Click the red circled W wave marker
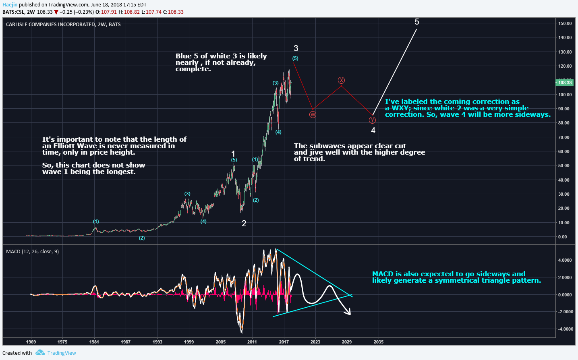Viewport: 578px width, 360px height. point(313,115)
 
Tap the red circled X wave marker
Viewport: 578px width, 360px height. point(341,81)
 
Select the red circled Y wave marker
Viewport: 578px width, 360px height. point(372,120)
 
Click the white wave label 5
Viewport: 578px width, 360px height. point(417,22)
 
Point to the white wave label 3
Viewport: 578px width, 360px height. point(296,48)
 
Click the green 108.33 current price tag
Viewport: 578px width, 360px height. point(565,83)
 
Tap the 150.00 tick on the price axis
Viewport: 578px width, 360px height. point(565,23)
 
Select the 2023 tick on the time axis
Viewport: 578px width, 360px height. point(315,342)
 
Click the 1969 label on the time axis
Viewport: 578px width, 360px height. point(31,342)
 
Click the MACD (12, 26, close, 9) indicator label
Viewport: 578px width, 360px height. point(32,251)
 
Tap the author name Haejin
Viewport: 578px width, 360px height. point(10,5)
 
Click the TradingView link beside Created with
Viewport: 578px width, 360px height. point(62,353)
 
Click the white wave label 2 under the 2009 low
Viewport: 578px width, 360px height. point(244,223)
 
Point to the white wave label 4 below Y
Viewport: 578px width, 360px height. point(373,130)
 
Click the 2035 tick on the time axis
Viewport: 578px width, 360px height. point(379,342)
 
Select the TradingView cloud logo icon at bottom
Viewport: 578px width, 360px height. point(40,353)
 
